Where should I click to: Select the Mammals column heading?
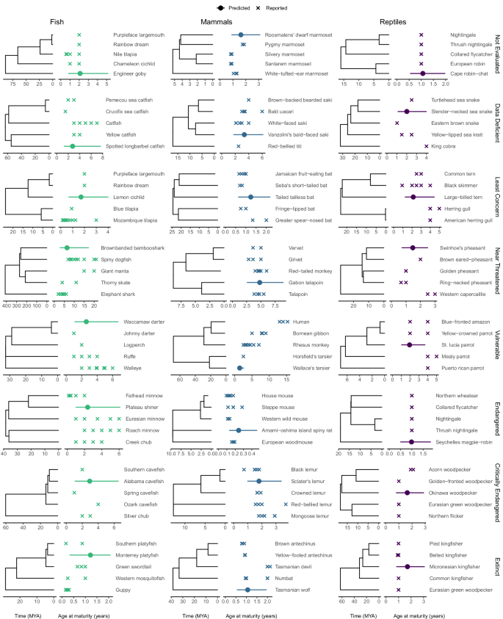tap(218, 21)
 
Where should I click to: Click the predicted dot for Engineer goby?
tap(80, 74)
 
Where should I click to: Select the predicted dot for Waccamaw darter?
tap(86, 322)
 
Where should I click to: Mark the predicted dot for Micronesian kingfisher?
tap(408, 566)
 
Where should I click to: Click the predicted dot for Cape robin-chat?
tap(423, 74)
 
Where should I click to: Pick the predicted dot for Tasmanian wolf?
tap(248, 590)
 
